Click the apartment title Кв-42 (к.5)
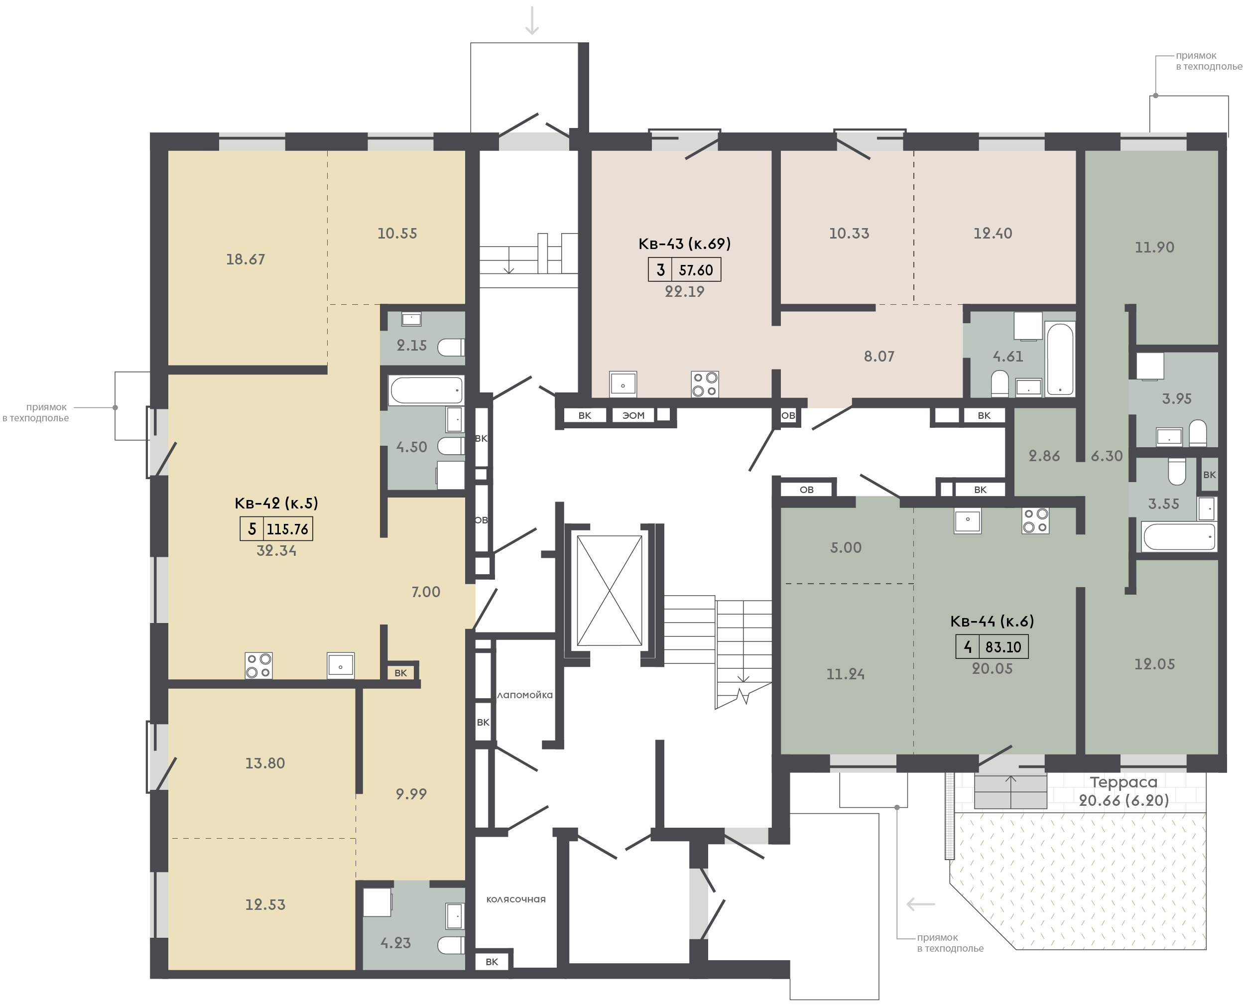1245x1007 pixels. click(276, 503)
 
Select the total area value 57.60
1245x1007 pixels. click(696, 270)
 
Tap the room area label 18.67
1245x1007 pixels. click(246, 259)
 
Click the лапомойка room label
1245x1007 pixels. click(525, 695)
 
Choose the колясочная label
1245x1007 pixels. click(516, 899)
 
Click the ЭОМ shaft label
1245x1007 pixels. click(633, 415)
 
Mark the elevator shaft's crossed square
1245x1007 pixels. click(610, 591)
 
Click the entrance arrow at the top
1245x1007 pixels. click(532, 20)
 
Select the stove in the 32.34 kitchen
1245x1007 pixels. click(258, 665)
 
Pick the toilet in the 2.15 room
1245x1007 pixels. click(451, 348)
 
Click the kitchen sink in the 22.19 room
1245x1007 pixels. click(623, 384)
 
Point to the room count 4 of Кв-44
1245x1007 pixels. click(967, 647)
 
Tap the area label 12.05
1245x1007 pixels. click(1154, 664)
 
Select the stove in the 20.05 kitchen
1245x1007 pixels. click(1035, 520)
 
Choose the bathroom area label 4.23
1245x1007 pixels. click(395, 943)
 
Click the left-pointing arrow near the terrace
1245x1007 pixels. click(921, 904)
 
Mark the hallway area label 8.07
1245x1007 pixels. click(879, 356)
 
